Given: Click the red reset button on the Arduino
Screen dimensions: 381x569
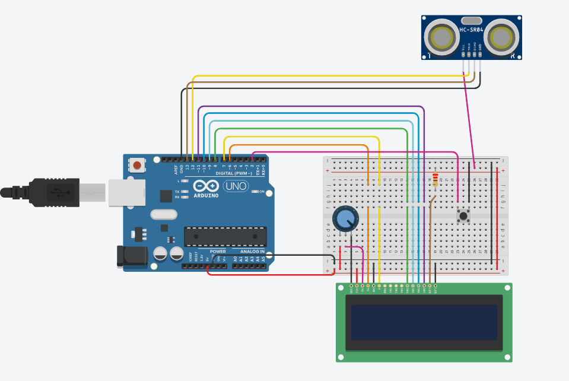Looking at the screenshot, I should [x=138, y=165].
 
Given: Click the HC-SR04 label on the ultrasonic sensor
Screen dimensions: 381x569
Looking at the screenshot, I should [x=472, y=29].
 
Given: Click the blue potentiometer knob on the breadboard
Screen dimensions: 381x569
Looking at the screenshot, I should [x=345, y=219].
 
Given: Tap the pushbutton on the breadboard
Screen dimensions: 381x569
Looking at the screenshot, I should [x=463, y=215].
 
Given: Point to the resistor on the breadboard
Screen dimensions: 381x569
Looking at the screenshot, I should [x=436, y=179].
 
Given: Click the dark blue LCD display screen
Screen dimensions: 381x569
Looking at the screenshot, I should [x=424, y=322].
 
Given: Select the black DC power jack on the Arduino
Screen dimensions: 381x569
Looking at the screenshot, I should [x=132, y=256].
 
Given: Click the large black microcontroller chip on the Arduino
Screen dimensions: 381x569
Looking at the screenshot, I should [x=225, y=236].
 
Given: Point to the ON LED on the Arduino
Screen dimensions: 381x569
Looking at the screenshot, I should [x=254, y=192].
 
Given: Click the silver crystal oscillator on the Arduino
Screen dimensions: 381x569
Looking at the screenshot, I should [x=164, y=214].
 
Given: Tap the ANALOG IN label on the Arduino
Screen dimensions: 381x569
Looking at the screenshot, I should [x=252, y=252].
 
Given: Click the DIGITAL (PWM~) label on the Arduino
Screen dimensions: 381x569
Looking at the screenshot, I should [x=225, y=173].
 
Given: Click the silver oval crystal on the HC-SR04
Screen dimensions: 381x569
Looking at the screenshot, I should [x=472, y=20].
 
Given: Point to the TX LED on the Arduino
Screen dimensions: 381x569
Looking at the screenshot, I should [x=185, y=192].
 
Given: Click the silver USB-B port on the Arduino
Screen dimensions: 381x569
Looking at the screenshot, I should [x=126, y=192].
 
